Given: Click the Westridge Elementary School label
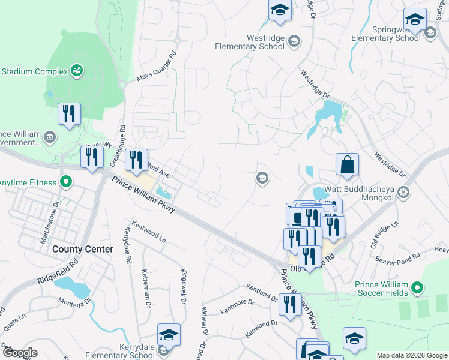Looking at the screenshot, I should [250, 41].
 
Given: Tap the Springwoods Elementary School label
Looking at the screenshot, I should [385, 33].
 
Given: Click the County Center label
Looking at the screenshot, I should [82, 249].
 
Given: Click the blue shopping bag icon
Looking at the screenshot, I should [347, 165].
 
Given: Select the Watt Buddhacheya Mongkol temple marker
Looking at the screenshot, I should [404, 191].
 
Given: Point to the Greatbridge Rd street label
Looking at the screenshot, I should [122, 137].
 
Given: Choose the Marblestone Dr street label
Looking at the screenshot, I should [57, 223].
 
